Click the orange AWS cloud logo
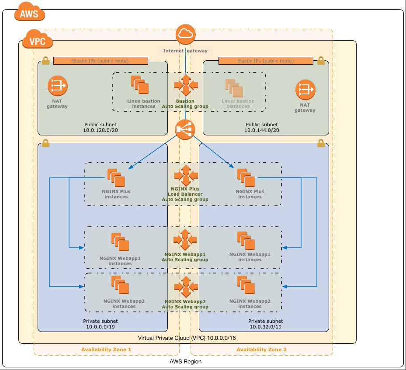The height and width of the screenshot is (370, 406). coord(30,12)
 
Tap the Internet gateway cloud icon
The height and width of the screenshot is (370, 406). coord(185,34)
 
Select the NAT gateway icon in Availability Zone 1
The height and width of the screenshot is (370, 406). coord(58,86)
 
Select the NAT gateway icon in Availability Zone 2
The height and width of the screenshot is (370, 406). coord(305,90)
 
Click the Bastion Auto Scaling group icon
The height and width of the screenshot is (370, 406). coord(186,85)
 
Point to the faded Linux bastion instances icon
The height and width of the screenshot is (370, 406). coord(234,88)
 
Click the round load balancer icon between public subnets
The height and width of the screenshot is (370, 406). coord(185,129)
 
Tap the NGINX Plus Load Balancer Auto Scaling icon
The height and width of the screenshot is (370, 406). coord(186,176)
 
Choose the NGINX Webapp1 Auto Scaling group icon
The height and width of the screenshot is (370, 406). coord(185,239)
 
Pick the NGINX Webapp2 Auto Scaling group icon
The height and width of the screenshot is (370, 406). coord(186,287)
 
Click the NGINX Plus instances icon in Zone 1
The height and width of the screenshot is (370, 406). coord(116,178)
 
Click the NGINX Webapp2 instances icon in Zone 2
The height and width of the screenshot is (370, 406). coord(246,285)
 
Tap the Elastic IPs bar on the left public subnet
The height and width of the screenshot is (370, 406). coord(101,61)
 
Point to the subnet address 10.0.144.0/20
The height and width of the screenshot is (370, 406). coord(262,130)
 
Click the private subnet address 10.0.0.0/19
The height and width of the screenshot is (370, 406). coord(101,327)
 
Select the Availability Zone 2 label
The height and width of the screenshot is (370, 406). coord(261,349)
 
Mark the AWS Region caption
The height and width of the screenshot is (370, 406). coord(185,361)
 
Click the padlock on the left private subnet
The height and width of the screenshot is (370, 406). coord(45,143)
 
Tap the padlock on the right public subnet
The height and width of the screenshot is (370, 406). coord(321,61)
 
